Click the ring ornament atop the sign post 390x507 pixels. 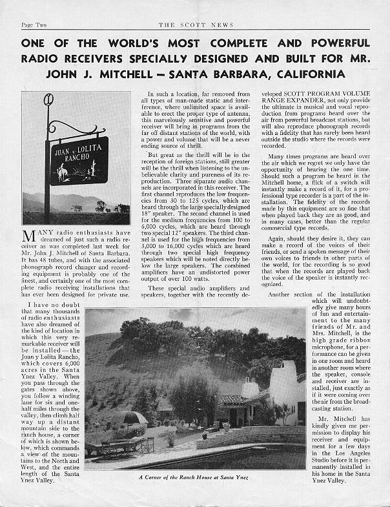pyautogui.click(x=48, y=102)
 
